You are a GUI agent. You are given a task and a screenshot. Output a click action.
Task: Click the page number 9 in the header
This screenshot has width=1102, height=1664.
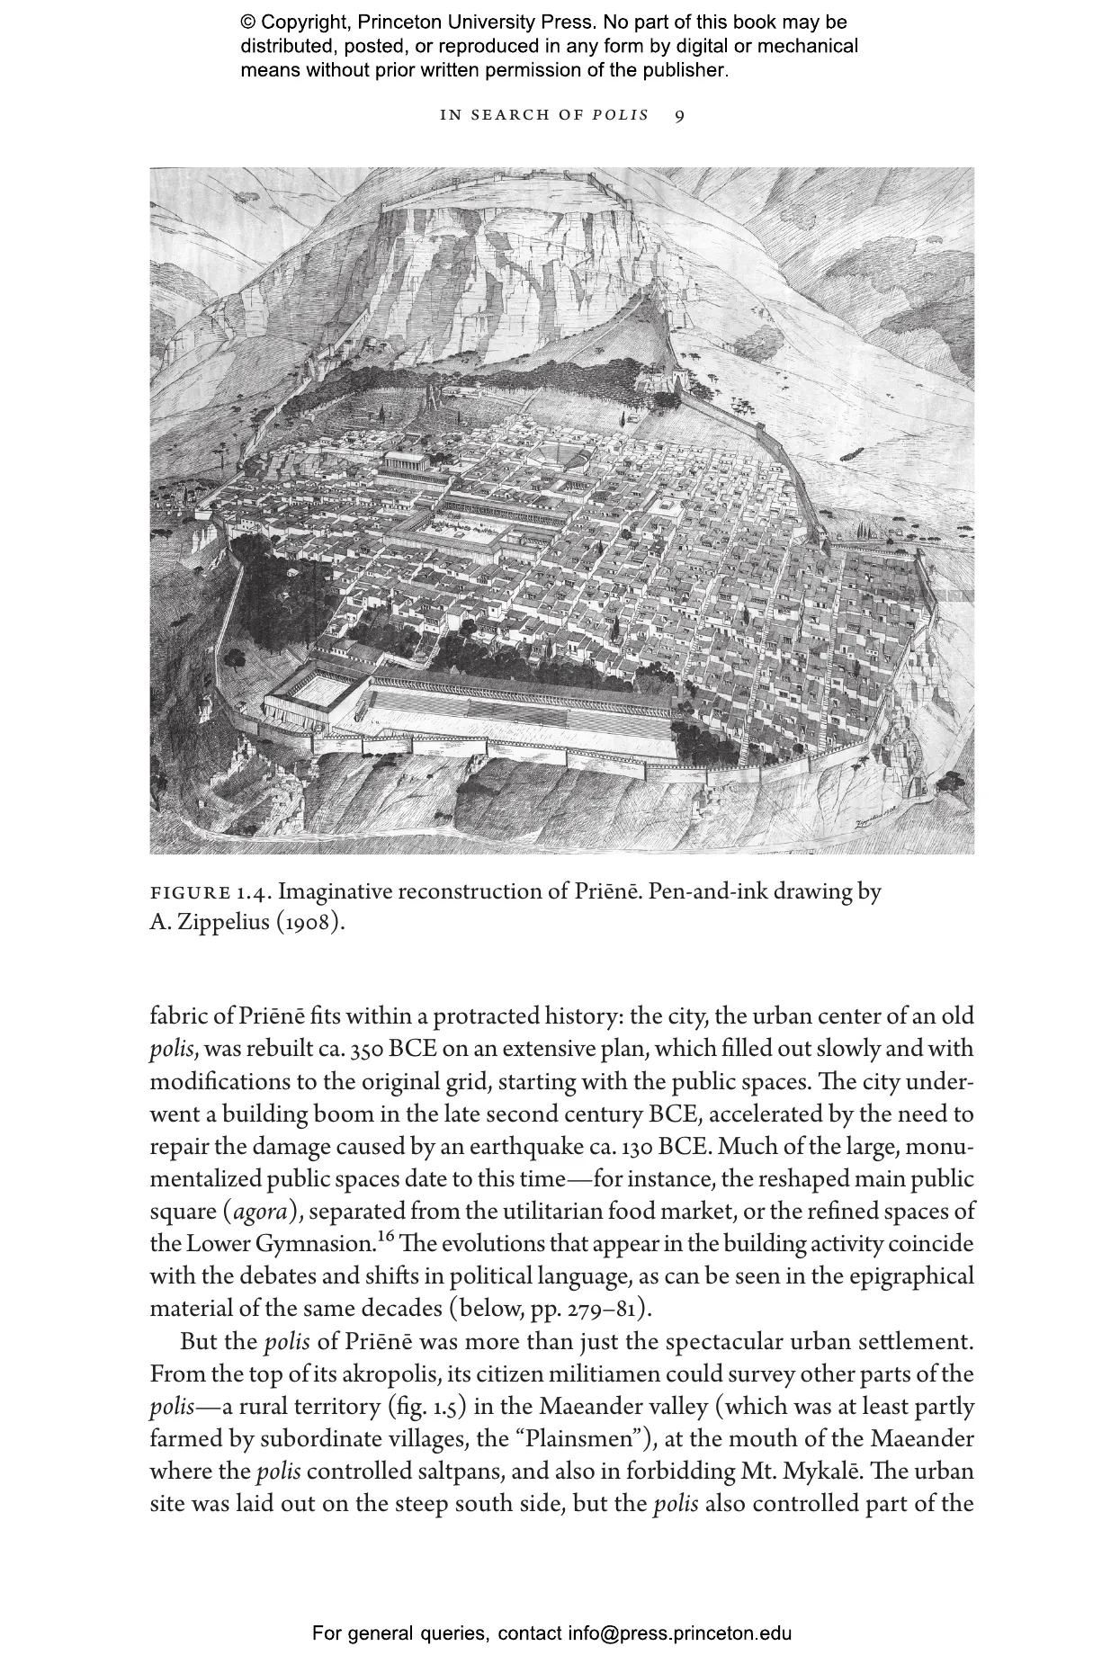point(679,115)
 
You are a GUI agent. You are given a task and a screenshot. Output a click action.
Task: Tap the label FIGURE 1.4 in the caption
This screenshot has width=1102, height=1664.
point(211,893)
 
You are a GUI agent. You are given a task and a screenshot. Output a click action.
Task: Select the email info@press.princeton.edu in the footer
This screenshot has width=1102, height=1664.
point(679,1633)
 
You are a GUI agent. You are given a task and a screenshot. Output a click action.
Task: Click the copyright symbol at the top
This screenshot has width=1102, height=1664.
point(248,22)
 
